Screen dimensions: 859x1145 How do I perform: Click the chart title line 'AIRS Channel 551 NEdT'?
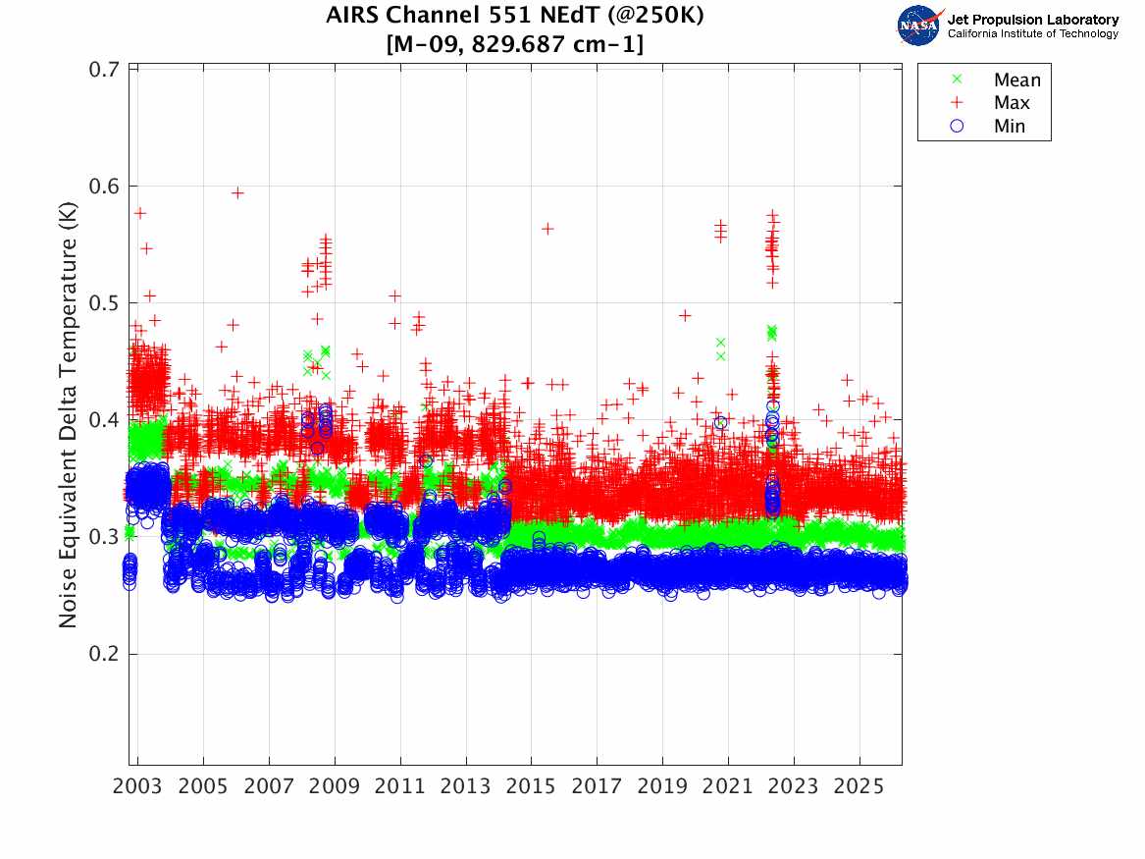click(515, 17)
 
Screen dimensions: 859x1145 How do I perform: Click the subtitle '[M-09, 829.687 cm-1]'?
click(515, 44)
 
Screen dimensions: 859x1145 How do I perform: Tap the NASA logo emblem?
click(919, 26)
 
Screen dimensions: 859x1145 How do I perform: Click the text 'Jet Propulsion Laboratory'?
click(1032, 20)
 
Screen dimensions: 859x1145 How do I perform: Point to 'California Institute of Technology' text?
click(1032, 34)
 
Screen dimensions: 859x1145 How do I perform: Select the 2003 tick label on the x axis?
click(138, 788)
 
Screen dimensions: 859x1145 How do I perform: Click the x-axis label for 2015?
click(531, 788)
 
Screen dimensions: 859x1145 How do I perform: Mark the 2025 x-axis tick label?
click(859, 788)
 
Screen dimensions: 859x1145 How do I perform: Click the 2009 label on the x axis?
click(335, 788)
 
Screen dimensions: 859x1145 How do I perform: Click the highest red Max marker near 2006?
click(237, 192)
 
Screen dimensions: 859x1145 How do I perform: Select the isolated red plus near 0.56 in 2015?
click(547, 229)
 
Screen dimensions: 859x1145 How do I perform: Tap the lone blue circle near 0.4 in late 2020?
click(721, 423)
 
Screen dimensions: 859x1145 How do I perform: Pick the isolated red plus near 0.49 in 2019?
click(685, 315)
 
